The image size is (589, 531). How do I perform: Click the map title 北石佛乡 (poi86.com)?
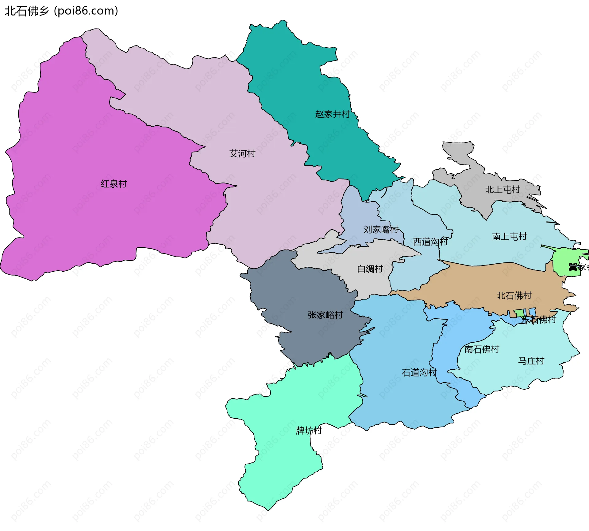(61, 11)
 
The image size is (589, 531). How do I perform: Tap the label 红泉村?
(114, 184)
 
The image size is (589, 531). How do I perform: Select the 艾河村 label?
(242, 153)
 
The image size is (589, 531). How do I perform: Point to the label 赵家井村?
(333, 114)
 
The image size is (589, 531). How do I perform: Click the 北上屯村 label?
(502, 190)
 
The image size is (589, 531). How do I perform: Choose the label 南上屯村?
(509, 236)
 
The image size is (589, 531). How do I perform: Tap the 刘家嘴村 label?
(381, 229)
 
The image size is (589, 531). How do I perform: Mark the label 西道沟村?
(430, 242)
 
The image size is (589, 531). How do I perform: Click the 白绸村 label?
(370, 269)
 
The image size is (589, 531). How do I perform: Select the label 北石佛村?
(514, 296)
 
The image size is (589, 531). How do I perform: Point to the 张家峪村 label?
(325, 315)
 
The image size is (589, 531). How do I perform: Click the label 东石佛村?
(539, 320)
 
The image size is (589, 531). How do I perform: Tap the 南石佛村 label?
(482, 349)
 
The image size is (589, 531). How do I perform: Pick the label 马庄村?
(531, 361)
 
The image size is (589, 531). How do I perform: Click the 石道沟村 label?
(419, 373)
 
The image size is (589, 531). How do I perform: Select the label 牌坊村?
(309, 431)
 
